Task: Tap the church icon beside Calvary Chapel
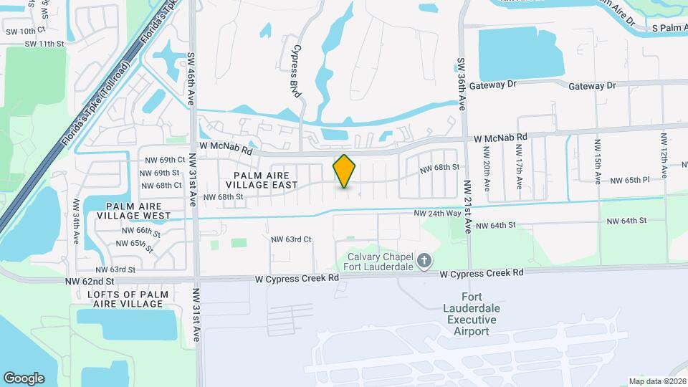point(424,261)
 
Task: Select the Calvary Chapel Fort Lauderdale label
point(380,262)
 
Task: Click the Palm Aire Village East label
point(262,180)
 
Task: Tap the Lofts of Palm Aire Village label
point(128,299)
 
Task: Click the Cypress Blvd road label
point(295,69)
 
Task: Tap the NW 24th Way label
point(438,214)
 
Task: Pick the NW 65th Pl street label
point(630,181)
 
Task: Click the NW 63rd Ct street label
point(291,239)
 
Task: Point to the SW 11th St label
point(44,44)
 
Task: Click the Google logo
point(24,378)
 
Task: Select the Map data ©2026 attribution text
point(657,381)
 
